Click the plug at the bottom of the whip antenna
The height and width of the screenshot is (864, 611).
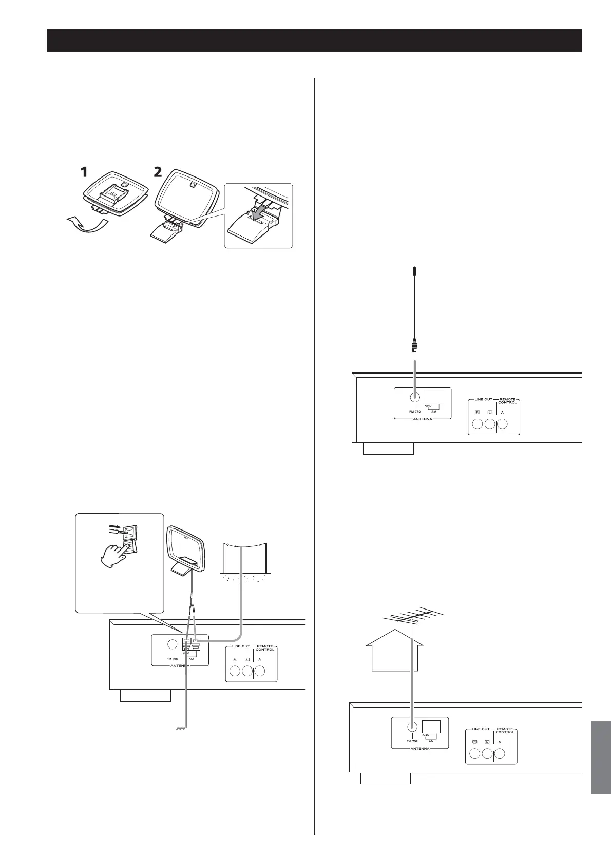point(414,347)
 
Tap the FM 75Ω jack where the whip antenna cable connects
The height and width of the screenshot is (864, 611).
point(414,397)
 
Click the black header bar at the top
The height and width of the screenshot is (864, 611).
point(314,41)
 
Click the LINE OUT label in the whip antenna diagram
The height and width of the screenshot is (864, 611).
point(482,399)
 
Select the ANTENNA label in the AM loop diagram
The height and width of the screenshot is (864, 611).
point(180,665)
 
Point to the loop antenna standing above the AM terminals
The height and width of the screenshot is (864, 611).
point(187,546)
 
